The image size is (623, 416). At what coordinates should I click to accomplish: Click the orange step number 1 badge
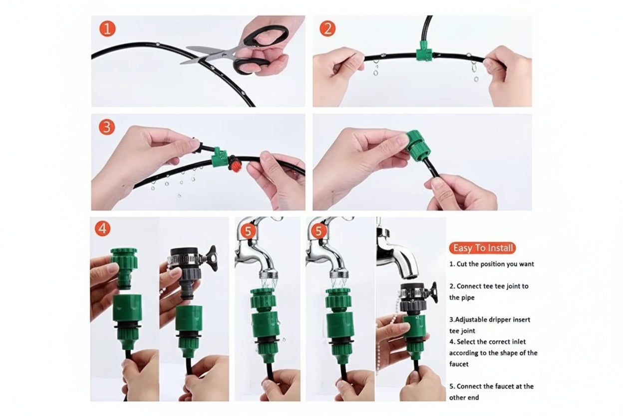107,29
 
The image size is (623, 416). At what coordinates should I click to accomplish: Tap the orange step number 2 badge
327,28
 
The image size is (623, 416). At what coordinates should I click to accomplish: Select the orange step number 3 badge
107,127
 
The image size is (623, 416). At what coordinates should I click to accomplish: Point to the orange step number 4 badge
103,228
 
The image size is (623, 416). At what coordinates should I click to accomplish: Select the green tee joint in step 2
424,51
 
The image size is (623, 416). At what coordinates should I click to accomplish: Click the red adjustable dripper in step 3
235,164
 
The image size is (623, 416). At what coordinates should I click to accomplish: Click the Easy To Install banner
483,248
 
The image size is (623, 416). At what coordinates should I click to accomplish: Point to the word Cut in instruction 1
462,264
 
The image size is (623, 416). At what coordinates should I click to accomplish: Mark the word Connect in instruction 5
470,386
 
